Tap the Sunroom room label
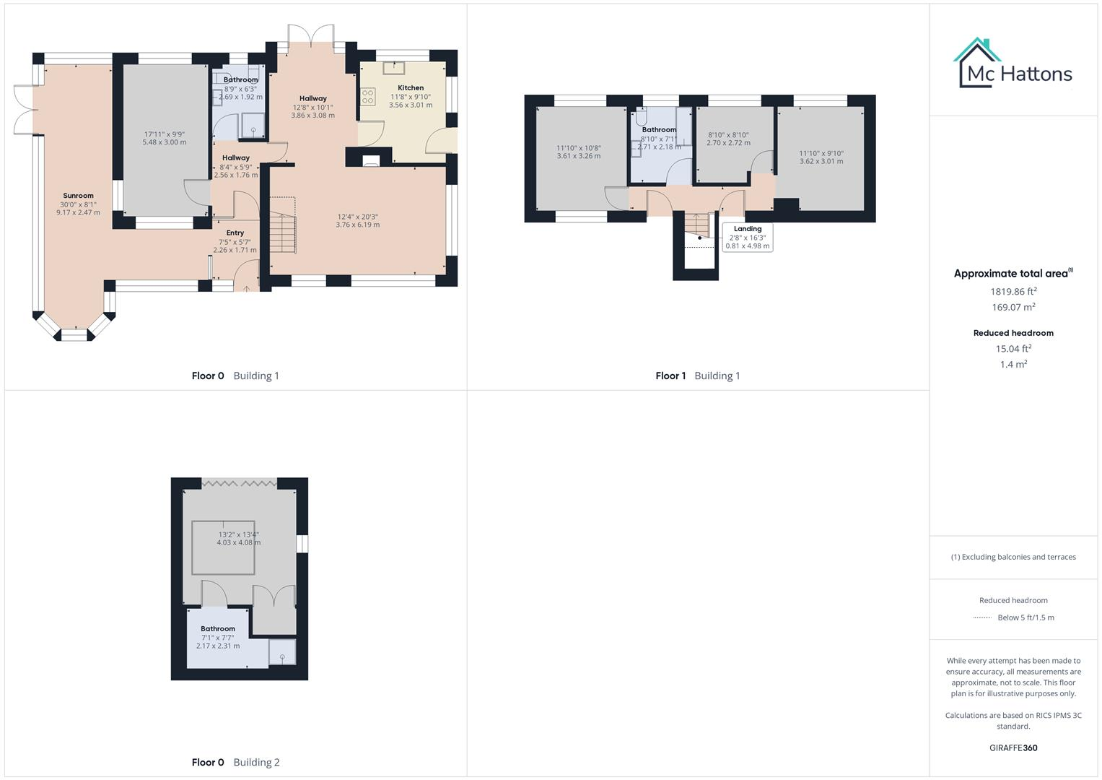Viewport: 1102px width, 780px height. point(78,196)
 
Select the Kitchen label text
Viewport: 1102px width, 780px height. point(411,88)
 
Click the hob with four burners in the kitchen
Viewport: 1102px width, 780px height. point(368,96)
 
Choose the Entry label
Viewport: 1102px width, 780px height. point(235,233)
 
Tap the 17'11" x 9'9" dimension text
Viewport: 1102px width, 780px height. point(165,134)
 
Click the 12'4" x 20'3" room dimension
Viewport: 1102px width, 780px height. point(357,217)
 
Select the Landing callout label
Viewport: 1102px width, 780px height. point(748,229)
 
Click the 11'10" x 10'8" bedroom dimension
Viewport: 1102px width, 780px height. point(578,148)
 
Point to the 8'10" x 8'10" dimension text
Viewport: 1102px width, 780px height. point(728,135)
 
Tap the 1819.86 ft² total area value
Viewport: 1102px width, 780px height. point(1013,292)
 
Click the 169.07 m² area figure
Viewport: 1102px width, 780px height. point(1013,308)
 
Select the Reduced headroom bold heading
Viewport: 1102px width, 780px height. point(1013,333)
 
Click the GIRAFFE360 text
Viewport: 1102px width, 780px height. point(1013,748)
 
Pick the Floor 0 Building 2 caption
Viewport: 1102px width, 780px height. point(235,763)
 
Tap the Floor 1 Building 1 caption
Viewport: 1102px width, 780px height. point(697,376)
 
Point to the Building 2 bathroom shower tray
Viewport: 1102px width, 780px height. point(282,651)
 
